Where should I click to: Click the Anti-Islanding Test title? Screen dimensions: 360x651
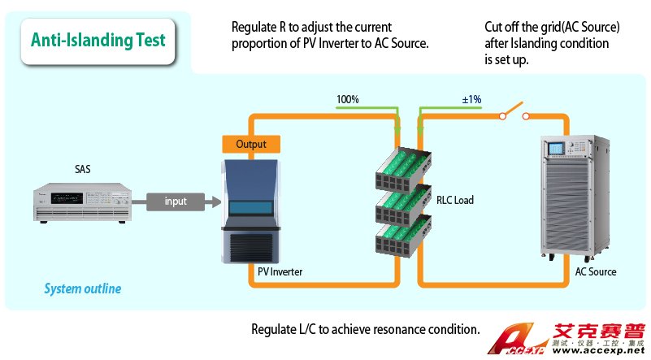pos(98,40)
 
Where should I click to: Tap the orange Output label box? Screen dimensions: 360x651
pos(251,144)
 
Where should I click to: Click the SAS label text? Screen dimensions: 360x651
pos(82,170)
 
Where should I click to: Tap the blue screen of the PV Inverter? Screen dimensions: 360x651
pos(252,206)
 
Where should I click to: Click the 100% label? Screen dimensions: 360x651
pos(348,100)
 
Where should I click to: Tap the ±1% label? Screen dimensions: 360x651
pos(471,100)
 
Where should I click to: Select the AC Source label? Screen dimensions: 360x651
pos(596,272)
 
